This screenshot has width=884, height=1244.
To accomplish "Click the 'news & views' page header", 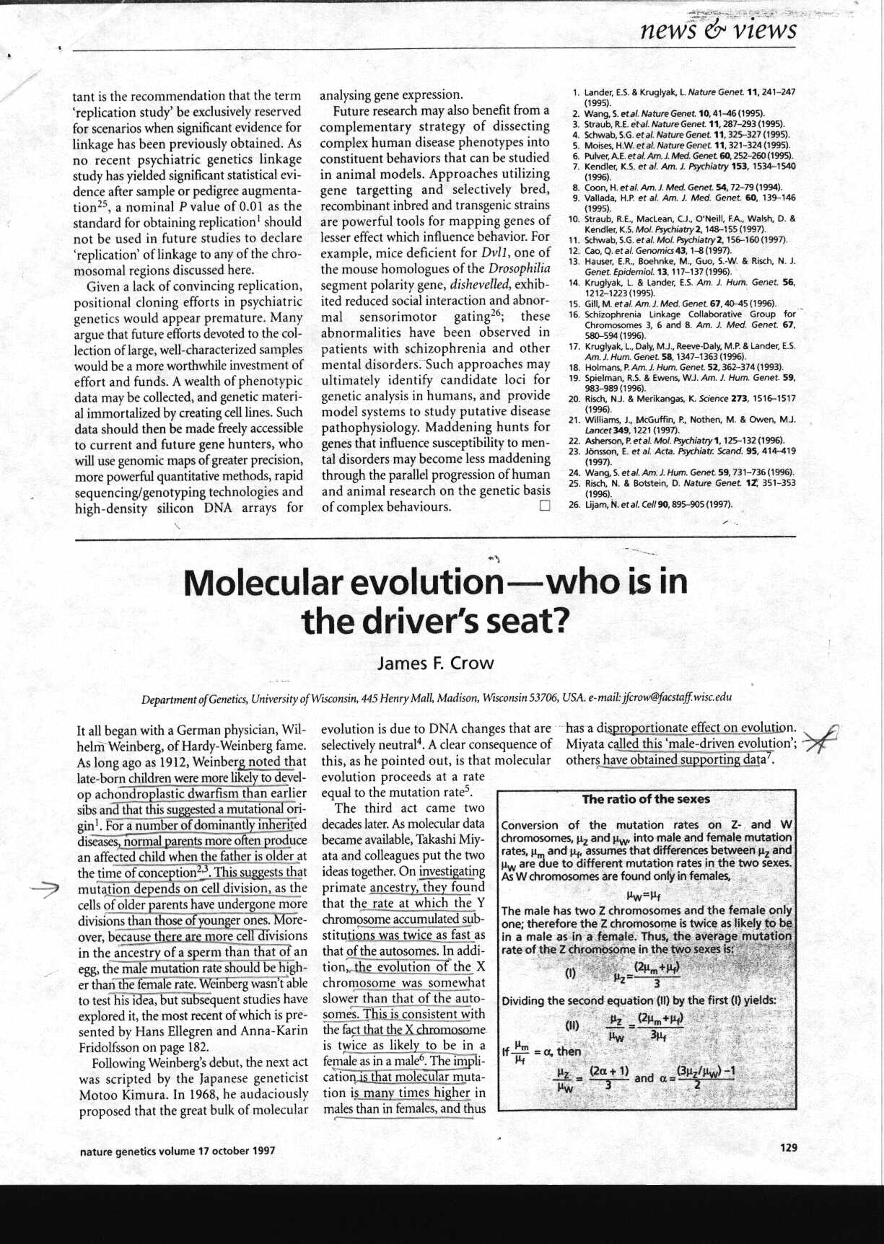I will click(x=717, y=30).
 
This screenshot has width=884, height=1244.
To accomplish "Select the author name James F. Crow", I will click(x=435, y=663).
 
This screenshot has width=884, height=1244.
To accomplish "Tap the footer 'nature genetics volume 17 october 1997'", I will click(x=178, y=1151).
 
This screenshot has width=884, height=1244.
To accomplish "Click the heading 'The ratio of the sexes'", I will click(x=646, y=799).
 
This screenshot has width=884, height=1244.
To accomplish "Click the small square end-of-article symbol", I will click(x=544, y=506).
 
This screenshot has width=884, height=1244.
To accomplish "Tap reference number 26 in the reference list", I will click(x=574, y=504).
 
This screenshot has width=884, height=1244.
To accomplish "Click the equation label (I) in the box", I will click(x=570, y=973).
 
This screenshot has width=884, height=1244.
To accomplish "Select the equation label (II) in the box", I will click(x=572, y=1024).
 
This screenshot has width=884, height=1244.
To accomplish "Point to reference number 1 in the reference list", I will click(x=575, y=92).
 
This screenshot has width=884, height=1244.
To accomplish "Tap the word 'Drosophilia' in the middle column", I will click(x=515, y=269).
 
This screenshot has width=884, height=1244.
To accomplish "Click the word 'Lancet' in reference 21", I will click(x=597, y=430).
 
